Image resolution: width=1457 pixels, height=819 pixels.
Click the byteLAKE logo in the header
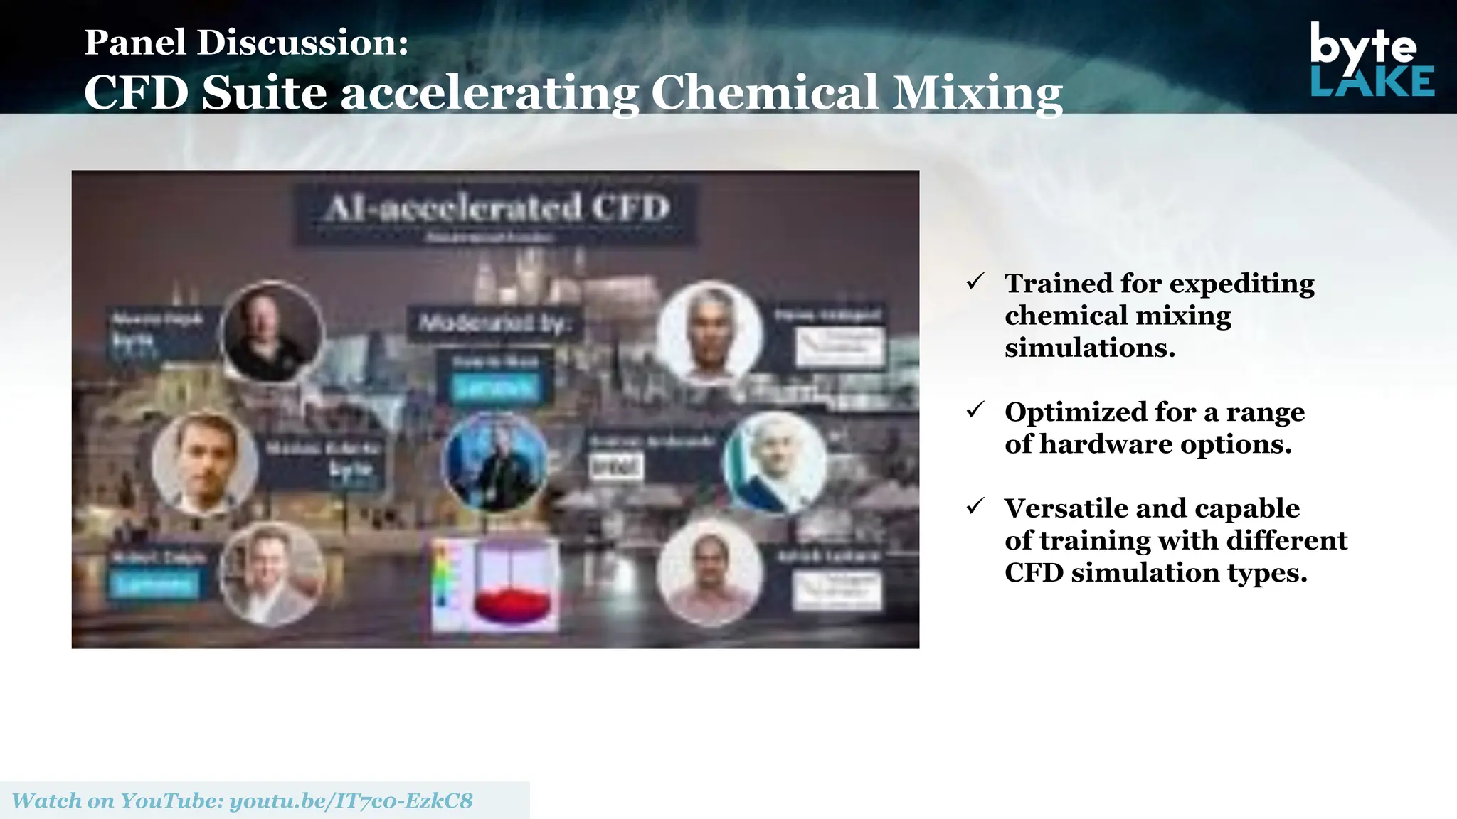[1372, 60]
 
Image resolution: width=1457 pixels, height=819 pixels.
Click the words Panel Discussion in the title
[246, 43]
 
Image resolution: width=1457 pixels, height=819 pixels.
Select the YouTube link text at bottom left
[243, 801]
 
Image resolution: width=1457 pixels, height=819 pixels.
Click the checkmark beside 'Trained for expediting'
[975, 282]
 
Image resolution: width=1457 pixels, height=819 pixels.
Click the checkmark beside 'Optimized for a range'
[975, 410]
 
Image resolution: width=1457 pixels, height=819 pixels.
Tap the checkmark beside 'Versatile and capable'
[975, 507]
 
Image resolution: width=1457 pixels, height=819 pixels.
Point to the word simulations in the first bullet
[1089, 348]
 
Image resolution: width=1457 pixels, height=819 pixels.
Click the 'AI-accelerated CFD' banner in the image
[497, 209]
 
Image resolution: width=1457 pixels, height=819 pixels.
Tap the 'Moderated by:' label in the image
[494, 323]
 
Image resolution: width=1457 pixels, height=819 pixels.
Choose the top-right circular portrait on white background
[709, 332]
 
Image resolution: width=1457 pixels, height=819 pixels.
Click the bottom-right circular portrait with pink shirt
[709, 572]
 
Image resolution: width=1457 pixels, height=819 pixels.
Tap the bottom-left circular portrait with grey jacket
[271, 572]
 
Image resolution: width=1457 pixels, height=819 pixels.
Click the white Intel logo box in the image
[616, 467]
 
